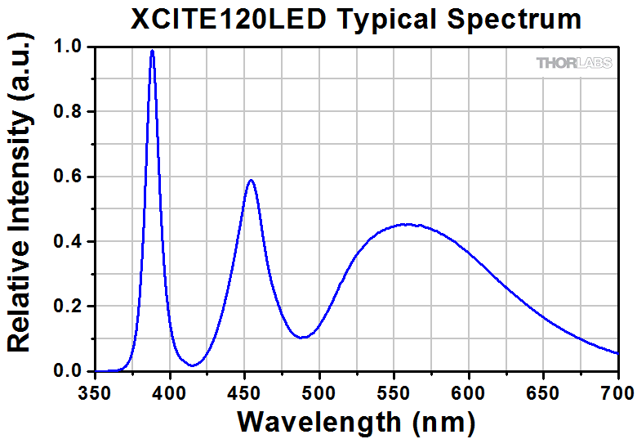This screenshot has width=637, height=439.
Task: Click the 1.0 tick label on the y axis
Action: click(69, 47)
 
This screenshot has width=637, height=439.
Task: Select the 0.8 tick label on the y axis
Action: click(69, 112)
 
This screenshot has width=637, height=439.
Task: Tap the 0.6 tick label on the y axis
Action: click(69, 177)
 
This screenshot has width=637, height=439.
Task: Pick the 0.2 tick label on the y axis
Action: click(69, 307)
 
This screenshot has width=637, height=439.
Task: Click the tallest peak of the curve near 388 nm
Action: click(152, 51)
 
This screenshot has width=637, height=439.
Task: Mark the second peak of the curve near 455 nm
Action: click(251, 181)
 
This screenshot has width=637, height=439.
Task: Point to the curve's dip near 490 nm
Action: click(303, 337)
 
